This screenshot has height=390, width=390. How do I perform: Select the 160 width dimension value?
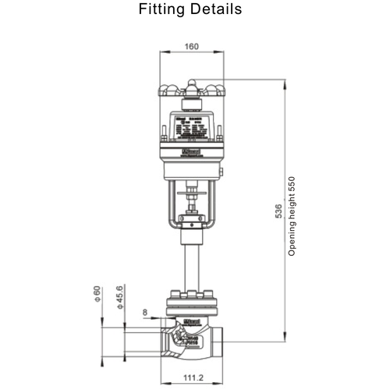[x=192, y=47]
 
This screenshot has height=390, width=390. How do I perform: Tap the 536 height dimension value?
[x=278, y=215]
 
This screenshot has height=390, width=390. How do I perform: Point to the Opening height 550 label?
[x=292, y=214]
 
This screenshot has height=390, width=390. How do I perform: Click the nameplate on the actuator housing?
[x=192, y=125]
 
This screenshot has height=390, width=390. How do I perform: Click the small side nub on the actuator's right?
[x=223, y=172]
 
